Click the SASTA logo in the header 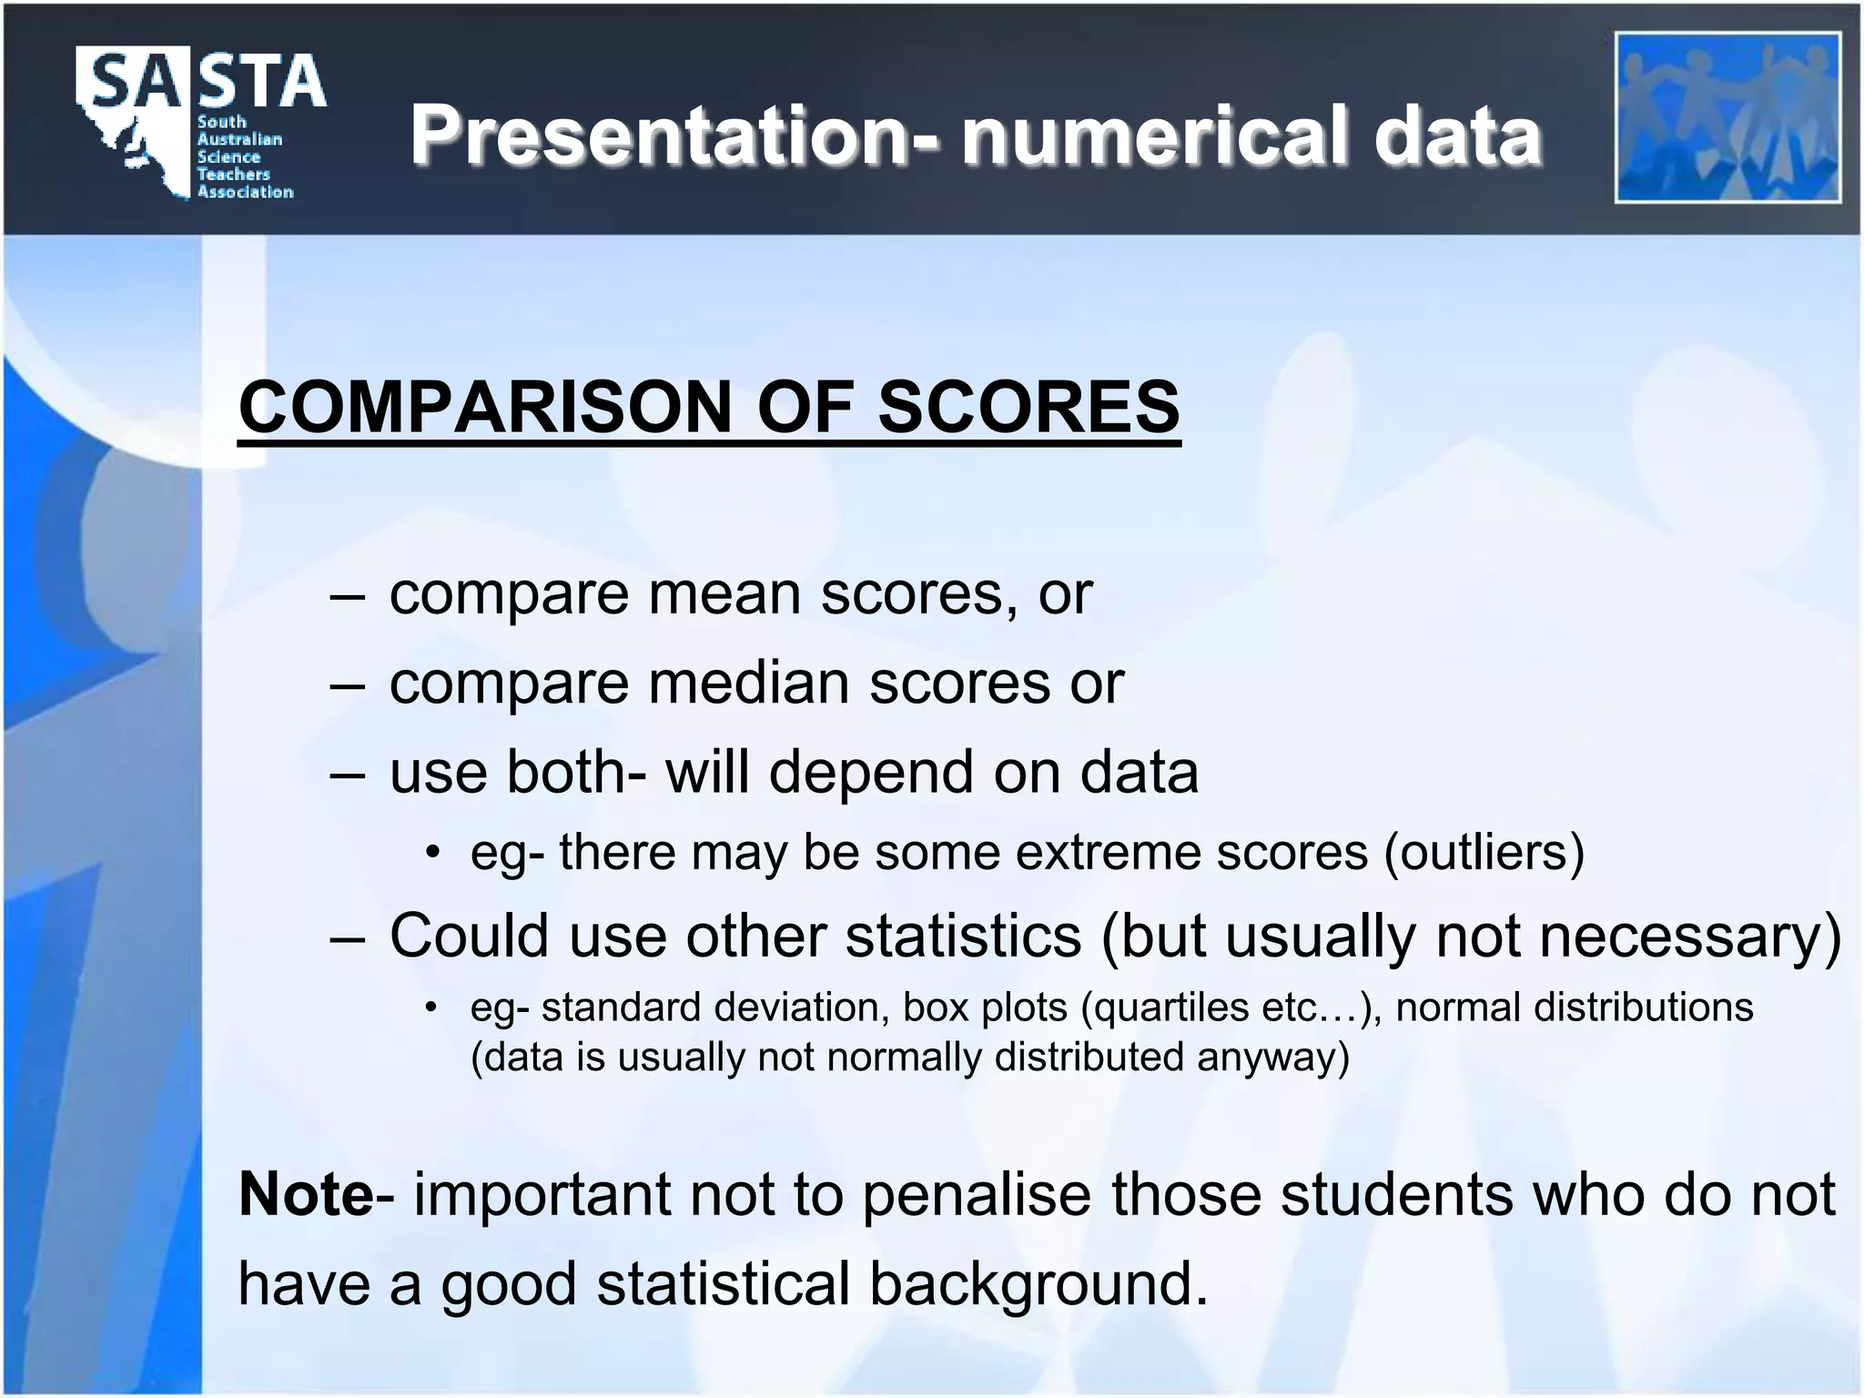[x=200, y=123]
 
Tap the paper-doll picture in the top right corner [x=1727, y=117]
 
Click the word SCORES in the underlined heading [x=1028, y=406]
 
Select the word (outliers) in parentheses [x=1484, y=853]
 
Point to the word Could [x=469, y=935]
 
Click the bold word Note [x=305, y=1194]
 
